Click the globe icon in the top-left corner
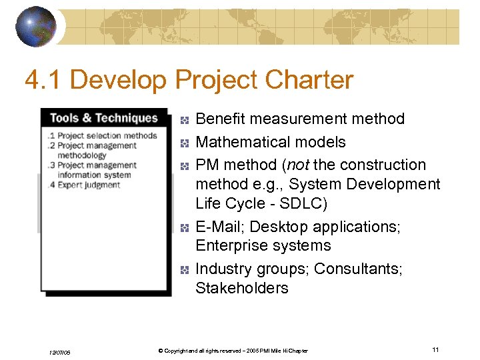pyautogui.click(x=36, y=27)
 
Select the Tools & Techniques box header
pyautogui.click(x=103, y=118)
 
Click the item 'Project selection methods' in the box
pyautogui.click(x=107, y=136)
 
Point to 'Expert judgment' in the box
pyautogui.click(x=89, y=185)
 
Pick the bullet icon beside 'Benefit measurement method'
pyautogui.click(x=185, y=120)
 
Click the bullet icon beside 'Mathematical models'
pyautogui.click(x=185, y=143)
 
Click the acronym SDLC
pyautogui.click(x=301, y=203)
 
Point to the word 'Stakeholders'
pyautogui.click(x=241, y=288)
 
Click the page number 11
pyautogui.click(x=435, y=350)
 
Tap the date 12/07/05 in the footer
pyautogui.click(x=59, y=351)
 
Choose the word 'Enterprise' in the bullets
pyautogui.click(x=229, y=246)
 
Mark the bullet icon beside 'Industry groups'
pyautogui.click(x=185, y=270)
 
